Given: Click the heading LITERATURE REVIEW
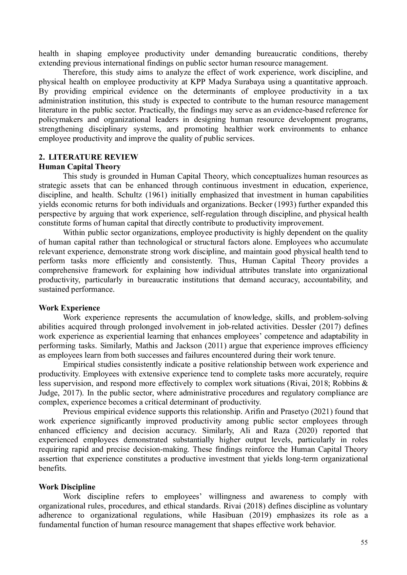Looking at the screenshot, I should click(x=93, y=157).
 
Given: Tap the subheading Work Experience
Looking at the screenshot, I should click(x=69, y=308).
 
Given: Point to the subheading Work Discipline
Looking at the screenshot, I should click(x=67, y=487).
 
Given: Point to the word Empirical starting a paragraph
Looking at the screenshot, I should click(x=78, y=365).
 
